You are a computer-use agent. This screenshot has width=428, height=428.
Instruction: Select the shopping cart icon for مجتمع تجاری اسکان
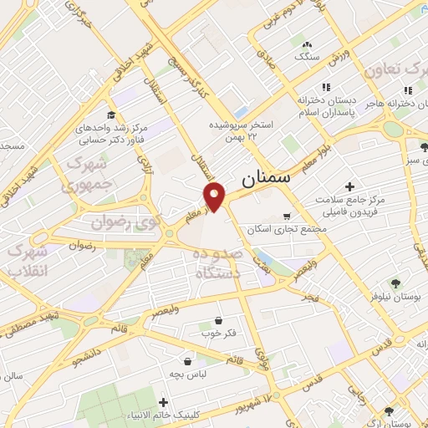click(287, 215)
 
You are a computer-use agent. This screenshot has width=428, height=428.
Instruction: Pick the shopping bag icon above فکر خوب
click(218, 319)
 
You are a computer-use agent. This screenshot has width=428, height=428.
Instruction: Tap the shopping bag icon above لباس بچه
click(188, 362)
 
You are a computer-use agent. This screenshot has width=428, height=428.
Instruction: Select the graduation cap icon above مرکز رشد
click(110, 115)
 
